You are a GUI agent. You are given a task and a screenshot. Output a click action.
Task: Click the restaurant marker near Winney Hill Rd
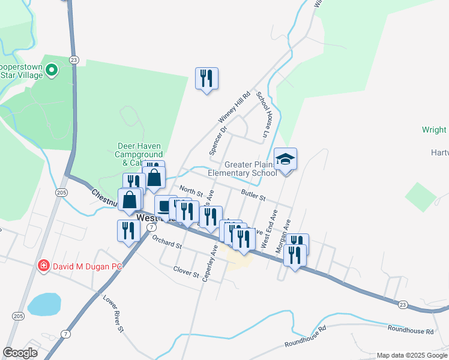pyautogui.click(x=206, y=79)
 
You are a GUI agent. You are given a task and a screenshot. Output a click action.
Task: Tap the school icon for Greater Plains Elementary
pyautogui.click(x=286, y=160)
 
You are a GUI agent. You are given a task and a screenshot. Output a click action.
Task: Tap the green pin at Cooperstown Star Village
pyautogui.click(x=51, y=71)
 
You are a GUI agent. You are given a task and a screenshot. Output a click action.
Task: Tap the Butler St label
pyautogui.click(x=253, y=195)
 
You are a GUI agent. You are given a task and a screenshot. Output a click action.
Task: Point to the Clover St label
pyautogui.click(x=185, y=273)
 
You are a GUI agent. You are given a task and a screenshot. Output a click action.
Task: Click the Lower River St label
pyautogui.click(x=113, y=313)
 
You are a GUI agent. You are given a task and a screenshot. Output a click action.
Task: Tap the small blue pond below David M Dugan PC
pyautogui.click(x=44, y=304)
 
